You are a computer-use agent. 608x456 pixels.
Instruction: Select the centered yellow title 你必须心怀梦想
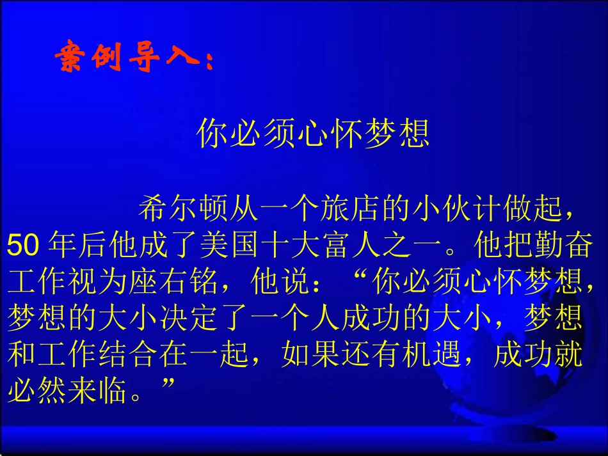(313, 133)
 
